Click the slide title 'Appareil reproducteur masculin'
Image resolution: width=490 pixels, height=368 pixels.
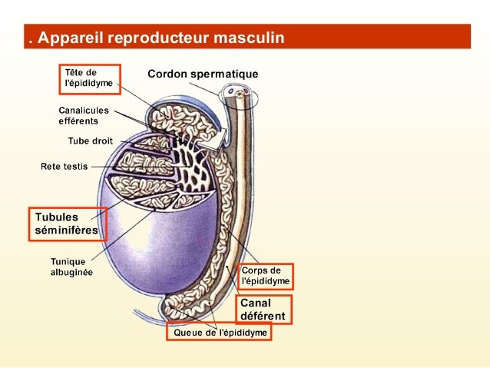(161, 37)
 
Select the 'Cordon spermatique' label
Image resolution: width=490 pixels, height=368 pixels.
(203, 75)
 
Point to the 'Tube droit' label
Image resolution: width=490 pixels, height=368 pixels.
(90, 141)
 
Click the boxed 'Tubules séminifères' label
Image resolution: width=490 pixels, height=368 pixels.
(67, 224)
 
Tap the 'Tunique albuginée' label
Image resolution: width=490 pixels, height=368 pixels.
(71, 267)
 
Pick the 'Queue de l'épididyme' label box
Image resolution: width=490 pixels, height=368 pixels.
(220, 333)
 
